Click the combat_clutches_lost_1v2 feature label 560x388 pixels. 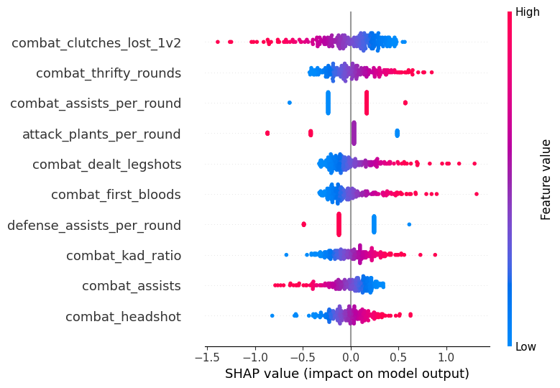click(x=96, y=43)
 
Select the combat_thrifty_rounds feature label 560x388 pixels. click(x=109, y=73)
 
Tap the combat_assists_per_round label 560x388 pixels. click(x=96, y=103)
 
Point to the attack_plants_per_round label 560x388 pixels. click(x=101, y=134)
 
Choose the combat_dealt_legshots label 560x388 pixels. click(x=106, y=165)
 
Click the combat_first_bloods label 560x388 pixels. click(x=116, y=195)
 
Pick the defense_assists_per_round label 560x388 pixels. click(x=94, y=225)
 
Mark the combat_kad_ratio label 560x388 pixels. click(x=124, y=256)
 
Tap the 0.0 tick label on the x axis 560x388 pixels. click(x=351, y=357)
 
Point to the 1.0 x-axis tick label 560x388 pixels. click(x=446, y=357)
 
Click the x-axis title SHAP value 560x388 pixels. click(x=347, y=374)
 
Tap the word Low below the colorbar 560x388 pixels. click(x=525, y=346)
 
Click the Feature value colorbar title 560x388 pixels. click(x=546, y=179)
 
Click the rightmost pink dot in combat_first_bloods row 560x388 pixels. click(x=477, y=194)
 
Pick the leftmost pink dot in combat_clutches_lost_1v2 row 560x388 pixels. click(x=218, y=42)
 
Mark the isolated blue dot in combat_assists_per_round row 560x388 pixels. click(x=290, y=103)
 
